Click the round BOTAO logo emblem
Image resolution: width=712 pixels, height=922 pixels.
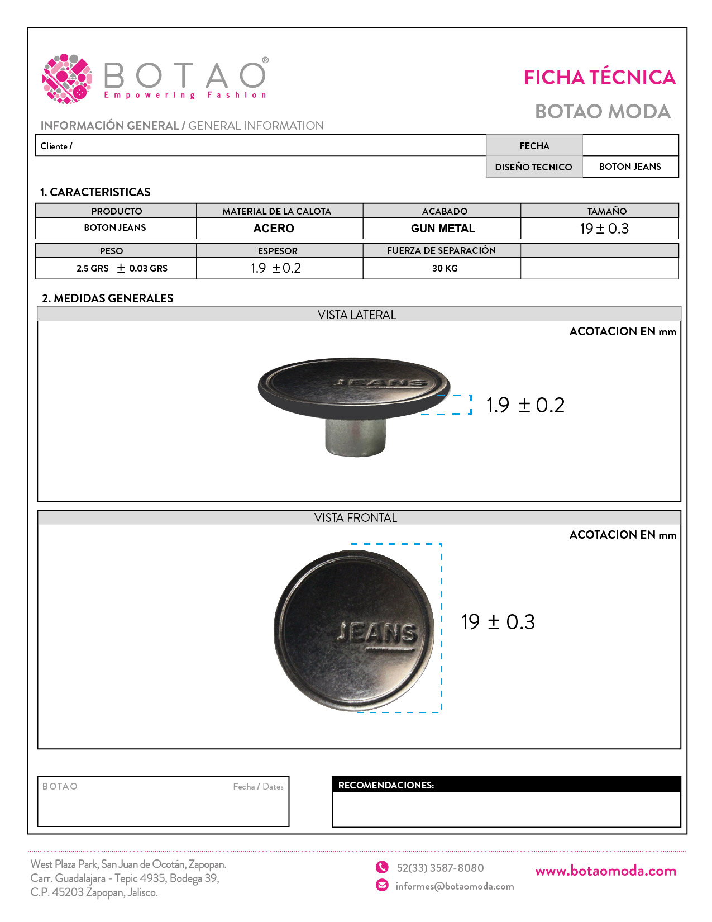(x=67, y=78)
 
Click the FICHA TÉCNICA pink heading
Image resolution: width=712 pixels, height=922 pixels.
(x=599, y=78)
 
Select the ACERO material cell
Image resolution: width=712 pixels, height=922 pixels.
(x=274, y=229)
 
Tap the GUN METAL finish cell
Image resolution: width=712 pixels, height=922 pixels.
(x=443, y=229)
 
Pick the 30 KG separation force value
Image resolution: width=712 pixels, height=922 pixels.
(x=445, y=268)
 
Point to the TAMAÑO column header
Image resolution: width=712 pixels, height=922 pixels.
(x=606, y=211)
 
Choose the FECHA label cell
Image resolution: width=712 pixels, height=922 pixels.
(x=534, y=146)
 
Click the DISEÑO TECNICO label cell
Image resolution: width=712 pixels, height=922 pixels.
(x=533, y=167)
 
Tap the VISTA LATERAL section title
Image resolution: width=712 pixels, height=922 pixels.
(x=357, y=315)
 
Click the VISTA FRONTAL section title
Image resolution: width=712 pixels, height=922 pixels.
(x=356, y=518)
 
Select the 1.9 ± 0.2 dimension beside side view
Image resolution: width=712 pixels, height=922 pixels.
(x=525, y=405)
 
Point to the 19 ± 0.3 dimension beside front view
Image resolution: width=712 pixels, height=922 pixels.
(x=498, y=622)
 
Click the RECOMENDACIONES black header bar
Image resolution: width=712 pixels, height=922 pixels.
(x=506, y=785)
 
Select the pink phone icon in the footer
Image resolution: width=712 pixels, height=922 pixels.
(x=382, y=867)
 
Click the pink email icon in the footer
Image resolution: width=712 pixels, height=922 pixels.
(x=382, y=885)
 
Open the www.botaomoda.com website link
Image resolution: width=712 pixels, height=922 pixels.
(x=605, y=871)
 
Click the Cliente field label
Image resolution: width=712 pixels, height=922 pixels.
(x=56, y=146)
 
